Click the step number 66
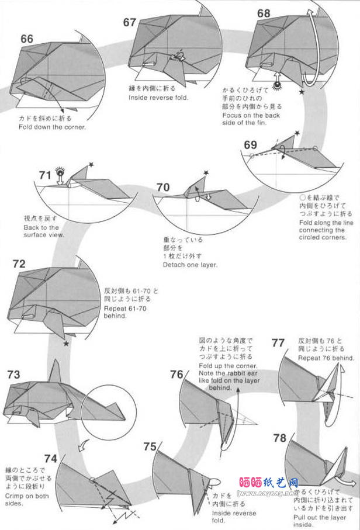(x=27, y=39)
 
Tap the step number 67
(x=130, y=22)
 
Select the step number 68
(x=264, y=13)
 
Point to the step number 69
(x=251, y=145)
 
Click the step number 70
(x=163, y=187)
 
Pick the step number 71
(x=46, y=175)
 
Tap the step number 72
(x=19, y=264)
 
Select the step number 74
(x=50, y=459)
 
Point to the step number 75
(x=150, y=446)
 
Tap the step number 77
(x=279, y=343)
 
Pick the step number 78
(x=279, y=438)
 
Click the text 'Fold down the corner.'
(x=52, y=127)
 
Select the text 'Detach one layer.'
(x=191, y=265)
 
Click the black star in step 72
(x=65, y=344)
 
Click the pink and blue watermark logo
(x=269, y=483)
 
